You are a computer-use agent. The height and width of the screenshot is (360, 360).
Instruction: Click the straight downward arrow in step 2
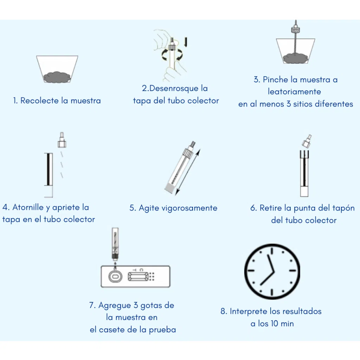pyautogui.click(x=186, y=42)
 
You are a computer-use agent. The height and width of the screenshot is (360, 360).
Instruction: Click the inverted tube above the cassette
pyautogui.click(x=115, y=243)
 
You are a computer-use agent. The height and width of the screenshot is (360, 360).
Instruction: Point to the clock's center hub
pyautogui.click(x=272, y=271)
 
